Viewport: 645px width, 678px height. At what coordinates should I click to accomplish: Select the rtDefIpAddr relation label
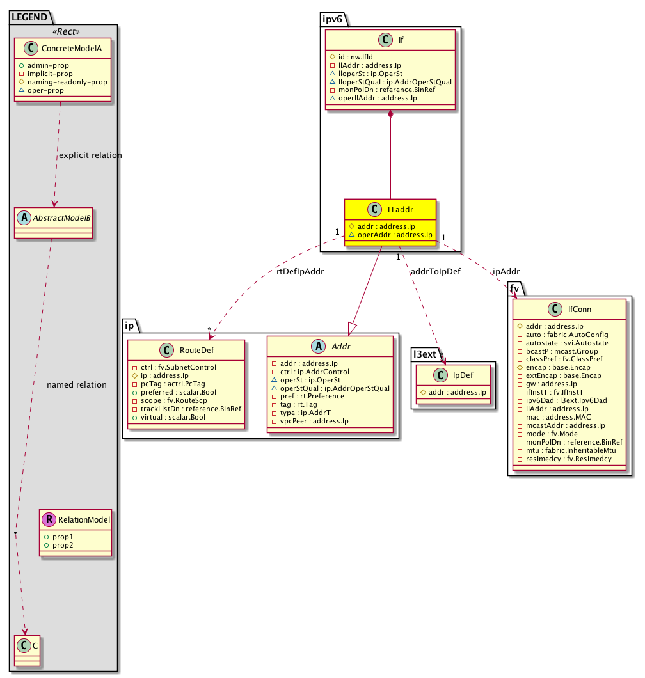(x=300, y=272)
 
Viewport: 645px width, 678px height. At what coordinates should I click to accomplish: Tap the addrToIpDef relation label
(x=435, y=272)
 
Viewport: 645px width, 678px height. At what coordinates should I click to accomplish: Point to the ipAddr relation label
(x=506, y=272)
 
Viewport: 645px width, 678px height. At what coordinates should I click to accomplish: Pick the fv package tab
(x=514, y=288)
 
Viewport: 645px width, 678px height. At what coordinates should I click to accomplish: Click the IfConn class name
(x=579, y=310)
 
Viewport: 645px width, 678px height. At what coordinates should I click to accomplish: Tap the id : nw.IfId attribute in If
(x=351, y=57)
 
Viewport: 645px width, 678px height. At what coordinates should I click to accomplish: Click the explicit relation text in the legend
(x=90, y=155)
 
